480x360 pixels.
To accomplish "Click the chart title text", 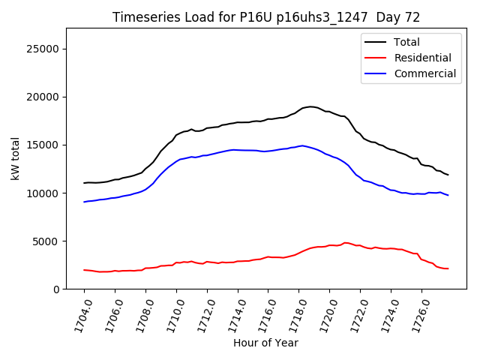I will coord(266,17).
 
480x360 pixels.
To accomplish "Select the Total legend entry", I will coord(406,42).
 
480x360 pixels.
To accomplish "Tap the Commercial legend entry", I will coord(424,73).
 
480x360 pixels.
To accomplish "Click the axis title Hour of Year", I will coord(265,343).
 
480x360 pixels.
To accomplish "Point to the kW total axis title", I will coord(16,158).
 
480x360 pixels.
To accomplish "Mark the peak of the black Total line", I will coord(310,106).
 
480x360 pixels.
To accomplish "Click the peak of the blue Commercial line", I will coord(302,145).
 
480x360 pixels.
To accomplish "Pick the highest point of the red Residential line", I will coord(346,242).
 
